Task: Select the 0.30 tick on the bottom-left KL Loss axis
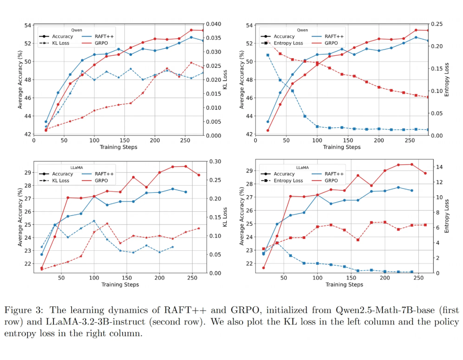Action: pyautogui.click(x=215, y=162)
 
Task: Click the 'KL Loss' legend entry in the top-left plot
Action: pyautogui.click(x=60, y=43)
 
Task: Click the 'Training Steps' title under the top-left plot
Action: pyautogui.click(x=118, y=147)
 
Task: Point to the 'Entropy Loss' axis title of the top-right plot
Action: pyautogui.click(x=447, y=80)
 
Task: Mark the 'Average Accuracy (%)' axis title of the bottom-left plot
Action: pyautogui.click(x=20, y=216)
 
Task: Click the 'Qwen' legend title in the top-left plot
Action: pyautogui.click(x=77, y=30)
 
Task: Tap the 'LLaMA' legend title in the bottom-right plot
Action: pyautogui.click(x=302, y=168)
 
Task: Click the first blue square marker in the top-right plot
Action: pyautogui.click(x=268, y=55)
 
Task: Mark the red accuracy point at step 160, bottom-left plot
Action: pyautogui.click(x=133, y=177)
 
